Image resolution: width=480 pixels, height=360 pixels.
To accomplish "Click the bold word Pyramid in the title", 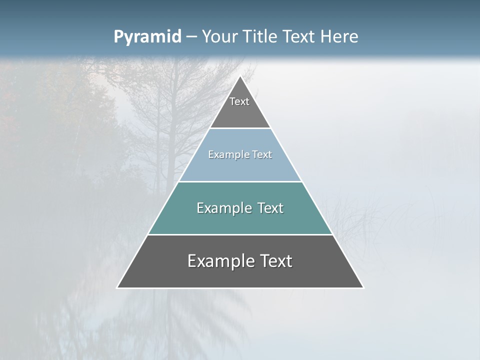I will [147, 37].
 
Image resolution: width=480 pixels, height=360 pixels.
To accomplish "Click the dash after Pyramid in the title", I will [191, 37].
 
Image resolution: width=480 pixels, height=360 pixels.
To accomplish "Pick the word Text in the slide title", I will [299, 36].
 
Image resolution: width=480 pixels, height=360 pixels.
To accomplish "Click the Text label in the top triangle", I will [239, 101].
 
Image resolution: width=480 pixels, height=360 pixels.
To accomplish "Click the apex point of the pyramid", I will [240, 76].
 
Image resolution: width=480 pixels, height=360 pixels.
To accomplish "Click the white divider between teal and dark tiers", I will [240, 234].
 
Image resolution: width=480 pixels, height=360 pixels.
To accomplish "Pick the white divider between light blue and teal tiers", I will [240, 181].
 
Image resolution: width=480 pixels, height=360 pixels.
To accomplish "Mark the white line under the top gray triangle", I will [240, 128].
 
